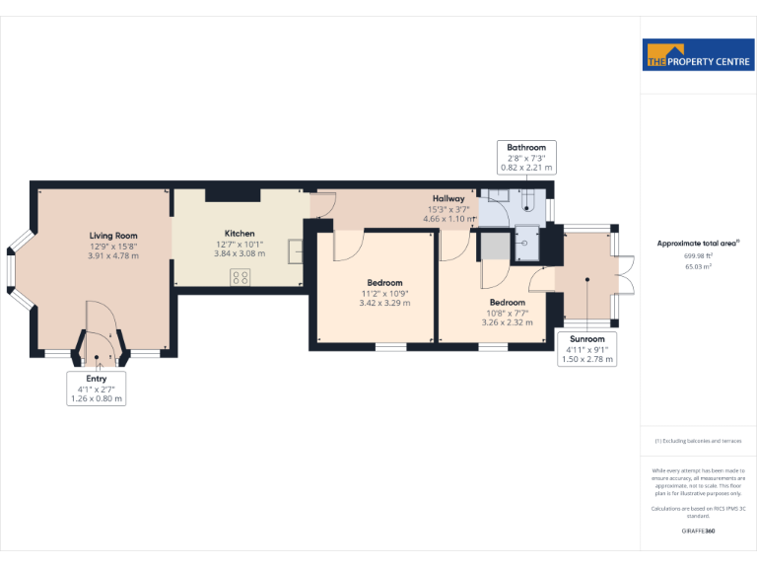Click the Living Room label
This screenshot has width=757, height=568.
(x=113, y=235)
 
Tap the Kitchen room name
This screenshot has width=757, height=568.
(x=240, y=234)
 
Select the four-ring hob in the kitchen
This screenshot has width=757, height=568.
(x=240, y=277)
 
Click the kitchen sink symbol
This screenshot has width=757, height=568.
(x=296, y=251)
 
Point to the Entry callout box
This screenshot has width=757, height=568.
(x=97, y=388)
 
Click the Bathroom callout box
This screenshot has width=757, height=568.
(x=525, y=157)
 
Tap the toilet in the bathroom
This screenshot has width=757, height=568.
(x=526, y=202)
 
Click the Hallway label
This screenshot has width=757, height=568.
(x=448, y=198)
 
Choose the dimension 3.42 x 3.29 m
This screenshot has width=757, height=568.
(x=383, y=303)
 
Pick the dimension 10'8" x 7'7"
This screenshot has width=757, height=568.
(x=507, y=313)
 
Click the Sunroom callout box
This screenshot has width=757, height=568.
(x=587, y=349)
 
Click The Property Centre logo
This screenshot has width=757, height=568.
(x=698, y=55)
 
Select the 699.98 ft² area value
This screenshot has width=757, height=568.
(x=698, y=254)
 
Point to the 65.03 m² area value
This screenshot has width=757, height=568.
(x=698, y=265)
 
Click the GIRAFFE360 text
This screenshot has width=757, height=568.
(x=698, y=532)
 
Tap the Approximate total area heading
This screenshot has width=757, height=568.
(x=698, y=243)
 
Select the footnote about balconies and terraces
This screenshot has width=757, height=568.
(x=698, y=441)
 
